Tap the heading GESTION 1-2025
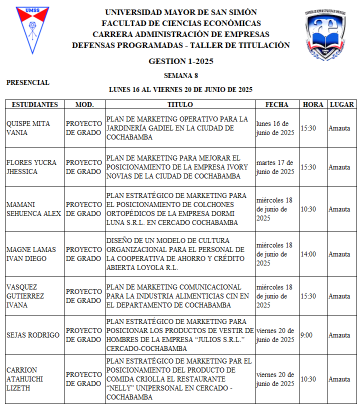click(180, 61)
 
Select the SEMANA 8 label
click(180, 76)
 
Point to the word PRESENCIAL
click(28, 82)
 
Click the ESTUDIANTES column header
click(35, 104)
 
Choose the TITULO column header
click(180, 104)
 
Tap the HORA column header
click(313, 104)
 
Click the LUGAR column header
click(342, 104)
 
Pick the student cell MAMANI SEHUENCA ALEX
click(33, 209)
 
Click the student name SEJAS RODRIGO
click(33, 335)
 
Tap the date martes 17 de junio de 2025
click(275, 167)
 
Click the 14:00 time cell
click(308, 254)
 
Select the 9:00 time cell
click(306, 335)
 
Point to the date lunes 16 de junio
click(275, 128)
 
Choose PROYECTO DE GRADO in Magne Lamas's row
click(84, 254)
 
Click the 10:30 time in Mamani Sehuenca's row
click(308, 209)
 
